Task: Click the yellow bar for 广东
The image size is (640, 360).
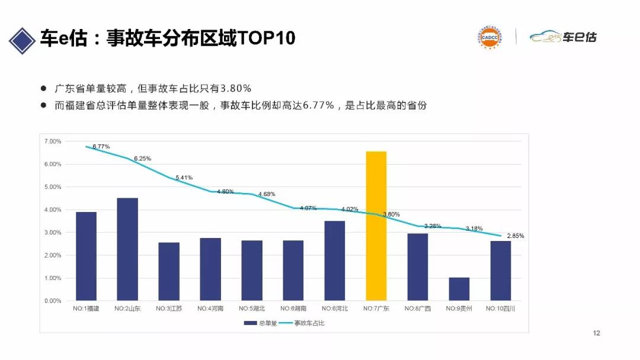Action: click(x=376, y=226)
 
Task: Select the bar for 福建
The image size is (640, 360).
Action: click(x=86, y=256)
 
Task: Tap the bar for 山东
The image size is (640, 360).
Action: click(x=127, y=249)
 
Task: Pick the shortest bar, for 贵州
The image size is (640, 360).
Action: click(x=459, y=289)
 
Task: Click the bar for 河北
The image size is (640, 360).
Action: click(x=335, y=261)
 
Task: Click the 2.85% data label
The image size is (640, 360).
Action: click(x=515, y=236)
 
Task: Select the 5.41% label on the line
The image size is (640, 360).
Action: click(x=184, y=178)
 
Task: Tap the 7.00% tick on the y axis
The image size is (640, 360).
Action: click(x=53, y=142)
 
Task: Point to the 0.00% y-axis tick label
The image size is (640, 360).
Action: click(x=53, y=301)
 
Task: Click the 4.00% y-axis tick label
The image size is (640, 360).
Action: click(x=53, y=210)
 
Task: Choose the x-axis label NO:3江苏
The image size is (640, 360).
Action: click(x=169, y=308)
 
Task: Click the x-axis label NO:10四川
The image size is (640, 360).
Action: click(x=500, y=308)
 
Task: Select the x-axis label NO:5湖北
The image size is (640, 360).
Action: click(x=252, y=308)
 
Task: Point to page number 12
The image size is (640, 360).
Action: click(x=597, y=333)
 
